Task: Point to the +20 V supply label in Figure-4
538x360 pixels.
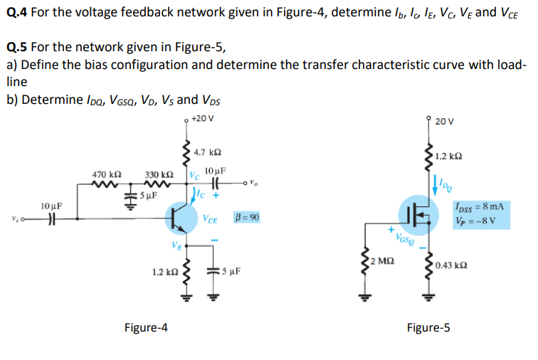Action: click(x=203, y=118)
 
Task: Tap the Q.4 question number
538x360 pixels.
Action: click(x=19, y=12)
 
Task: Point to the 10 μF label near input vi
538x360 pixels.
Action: click(x=51, y=206)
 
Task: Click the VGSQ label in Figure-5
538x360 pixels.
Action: click(x=406, y=240)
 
